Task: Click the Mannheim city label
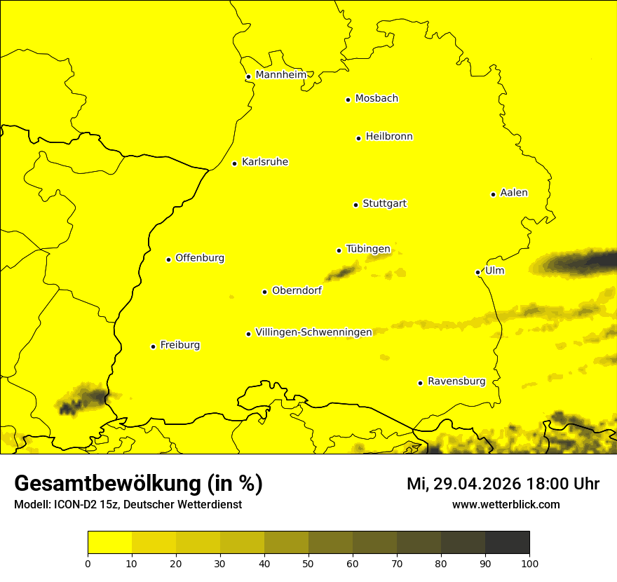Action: (280, 75)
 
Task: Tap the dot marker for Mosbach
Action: (348, 100)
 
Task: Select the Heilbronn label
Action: (389, 137)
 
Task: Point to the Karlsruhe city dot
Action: (234, 163)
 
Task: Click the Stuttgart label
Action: (384, 204)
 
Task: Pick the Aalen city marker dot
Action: (493, 194)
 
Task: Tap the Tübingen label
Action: (368, 249)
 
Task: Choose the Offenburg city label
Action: (200, 258)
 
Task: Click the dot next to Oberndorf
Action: (264, 292)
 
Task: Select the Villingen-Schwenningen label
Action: (313, 332)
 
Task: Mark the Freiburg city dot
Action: (153, 346)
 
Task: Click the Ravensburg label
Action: (456, 381)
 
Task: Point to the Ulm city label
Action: (494, 271)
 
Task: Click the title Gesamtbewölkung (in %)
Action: (138, 483)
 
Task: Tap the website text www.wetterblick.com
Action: (506, 504)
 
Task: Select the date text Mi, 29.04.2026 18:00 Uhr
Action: (503, 484)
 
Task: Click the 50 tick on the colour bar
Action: (308, 563)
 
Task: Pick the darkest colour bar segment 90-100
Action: (507, 542)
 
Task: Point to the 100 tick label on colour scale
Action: (529, 563)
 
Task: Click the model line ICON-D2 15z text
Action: (128, 504)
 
